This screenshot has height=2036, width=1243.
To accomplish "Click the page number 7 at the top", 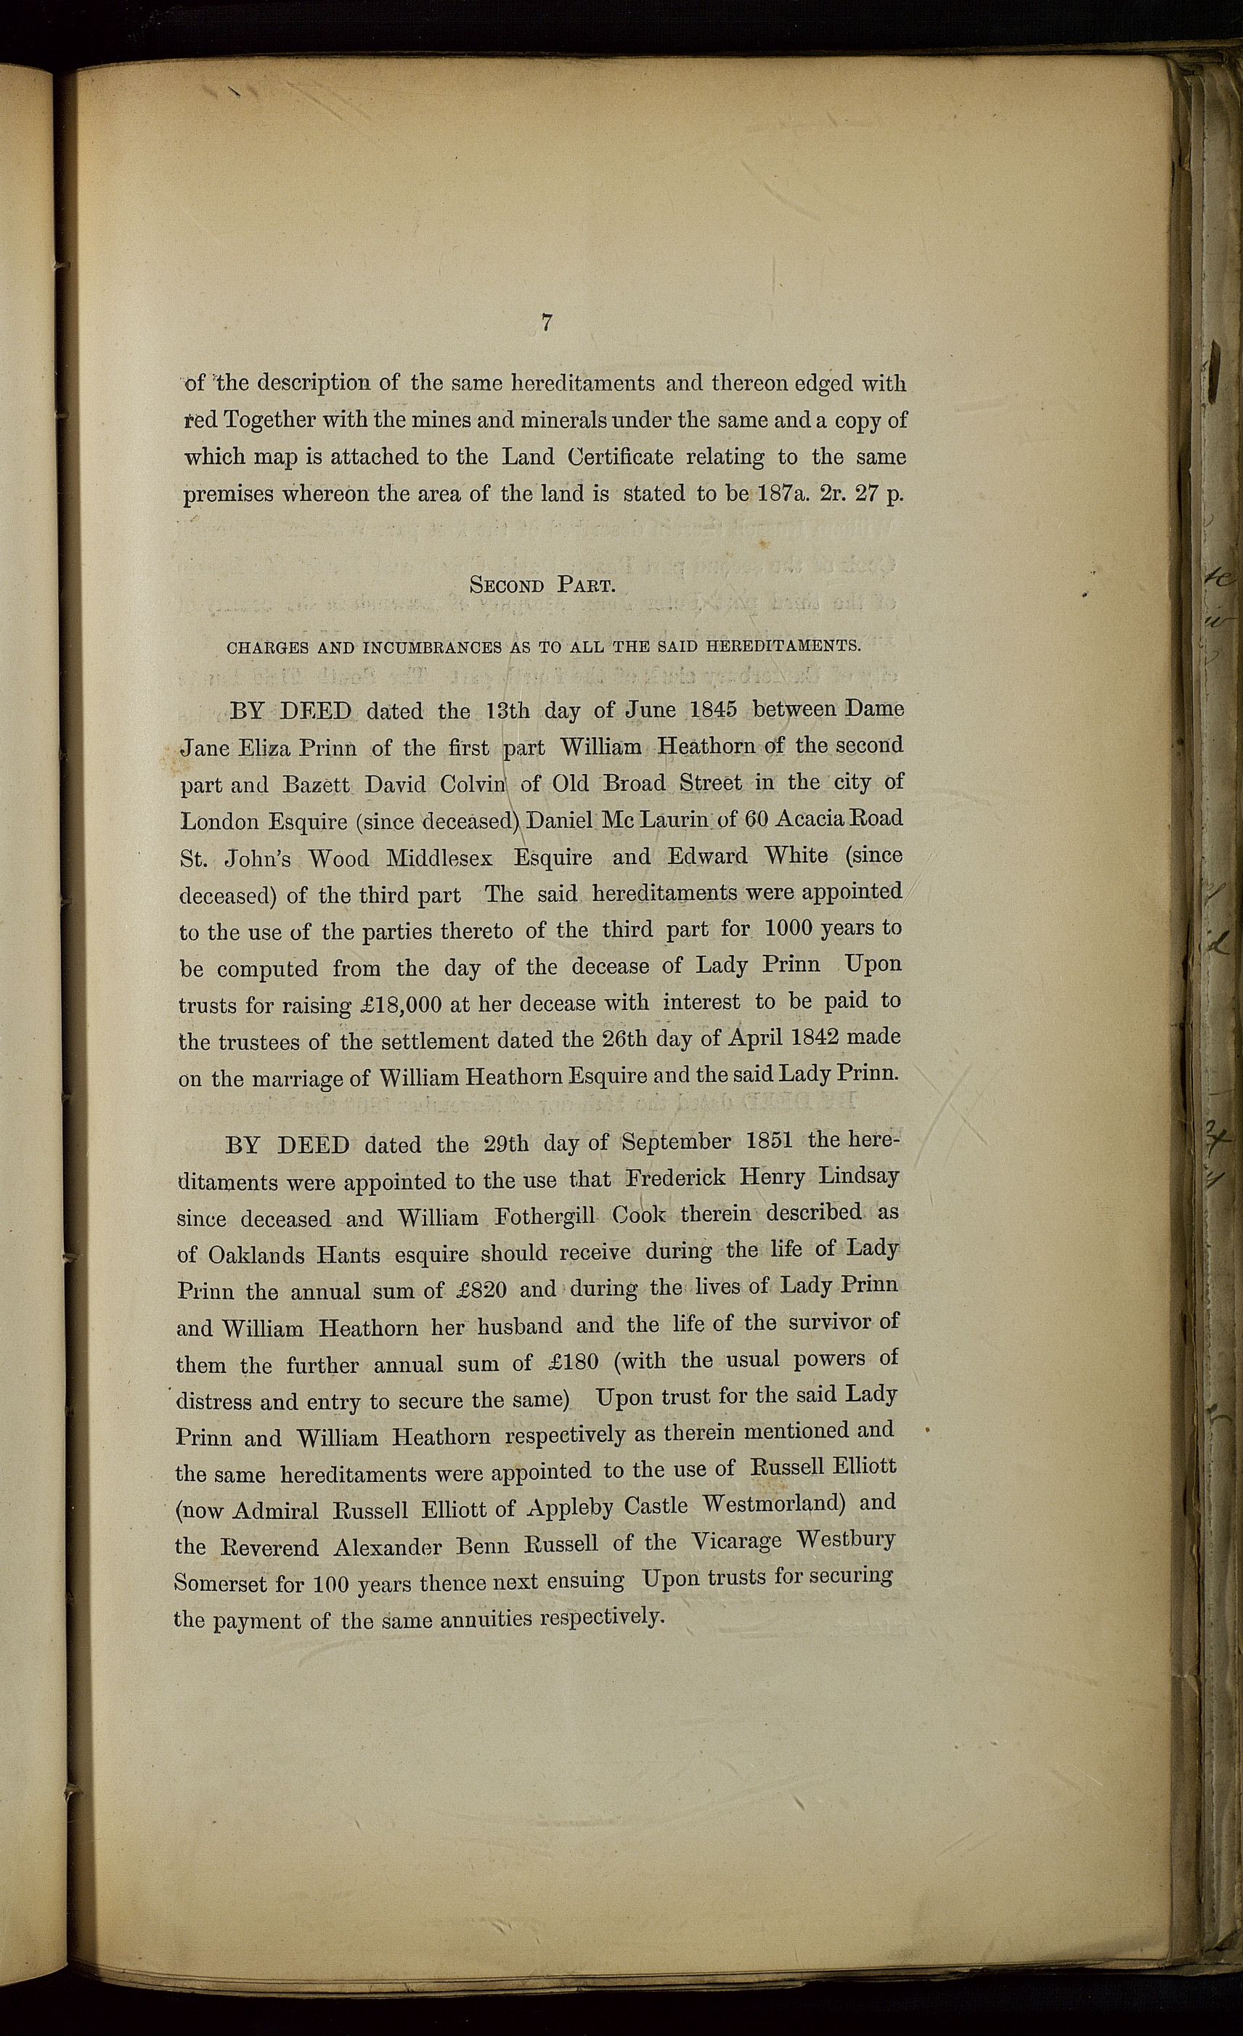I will click(x=546, y=323).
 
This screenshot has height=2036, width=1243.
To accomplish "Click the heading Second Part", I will click(x=542, y=585).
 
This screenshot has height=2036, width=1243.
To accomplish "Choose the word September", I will click(x=676, y=1142).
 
